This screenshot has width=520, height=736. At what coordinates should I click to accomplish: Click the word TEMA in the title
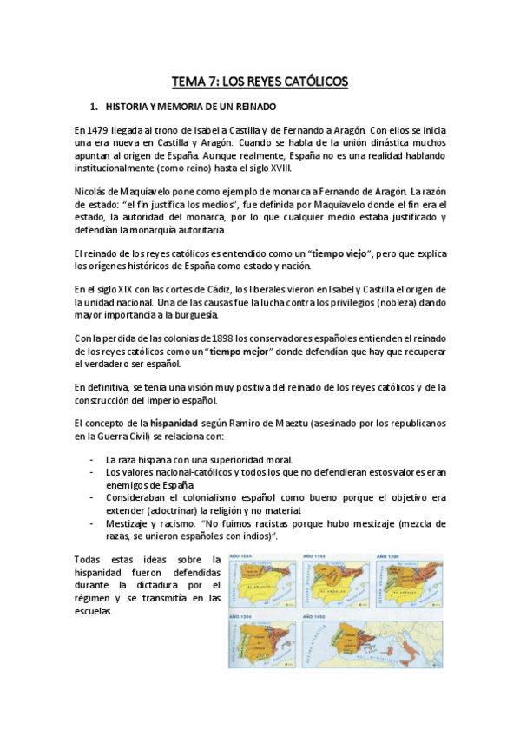point(188,82)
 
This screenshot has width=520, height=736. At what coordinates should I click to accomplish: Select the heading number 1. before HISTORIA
point(95,106)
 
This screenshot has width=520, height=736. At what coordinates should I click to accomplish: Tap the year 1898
point(215,338)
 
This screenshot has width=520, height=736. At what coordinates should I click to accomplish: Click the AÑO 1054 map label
point(242,556)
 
